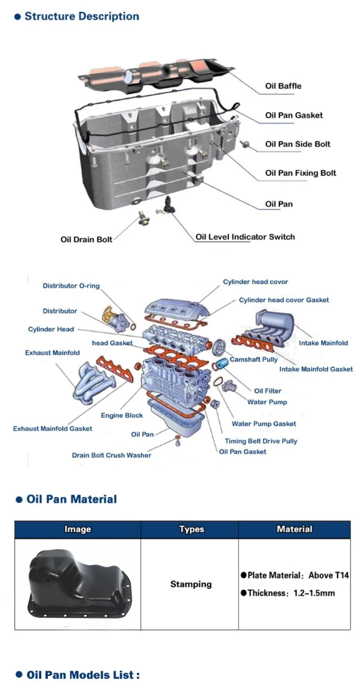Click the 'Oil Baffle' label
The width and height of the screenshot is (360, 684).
point(283,86)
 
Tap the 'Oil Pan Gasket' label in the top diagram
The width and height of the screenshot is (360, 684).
point(294,115)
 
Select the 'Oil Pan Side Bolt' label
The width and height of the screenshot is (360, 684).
point(297,144)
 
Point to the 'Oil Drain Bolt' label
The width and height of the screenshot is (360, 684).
point(86,240)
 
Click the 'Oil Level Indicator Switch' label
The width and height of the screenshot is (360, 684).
point(245,237)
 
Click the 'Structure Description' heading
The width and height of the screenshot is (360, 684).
point(81,16)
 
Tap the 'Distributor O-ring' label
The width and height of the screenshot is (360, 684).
point(71,286)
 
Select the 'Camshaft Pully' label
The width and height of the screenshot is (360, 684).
point(253,360)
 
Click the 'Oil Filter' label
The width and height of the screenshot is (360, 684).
point(268,391)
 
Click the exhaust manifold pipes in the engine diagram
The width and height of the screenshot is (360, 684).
point(93,381)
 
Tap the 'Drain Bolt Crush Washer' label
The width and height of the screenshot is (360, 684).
point(111,455)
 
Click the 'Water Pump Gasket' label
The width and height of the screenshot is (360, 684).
point(263,424)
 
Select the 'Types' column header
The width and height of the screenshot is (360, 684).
point(191,529)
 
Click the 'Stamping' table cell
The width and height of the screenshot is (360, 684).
point(191,584)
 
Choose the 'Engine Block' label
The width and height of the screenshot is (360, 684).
point(122,415)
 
